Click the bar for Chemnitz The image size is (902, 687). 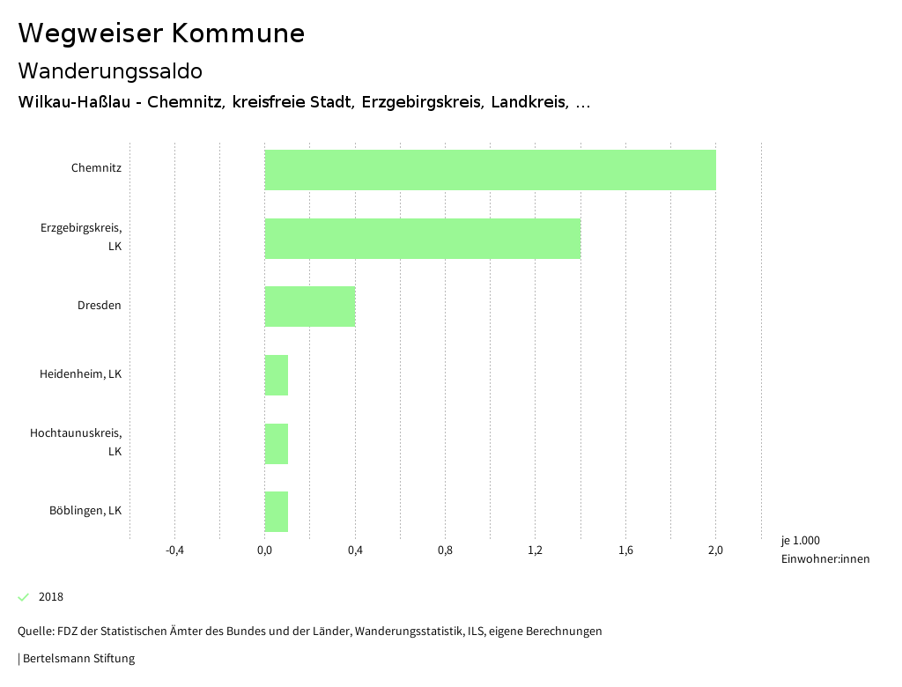[490, 170]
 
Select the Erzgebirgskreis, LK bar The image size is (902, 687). [423, 238]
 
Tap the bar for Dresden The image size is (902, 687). [310, 307]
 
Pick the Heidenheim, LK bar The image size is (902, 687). [277, 375]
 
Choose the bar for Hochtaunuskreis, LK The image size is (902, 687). [277, 443]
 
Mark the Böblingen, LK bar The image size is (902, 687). [277, 512]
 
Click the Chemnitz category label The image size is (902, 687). [96, 167]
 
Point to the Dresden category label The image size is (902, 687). [99, 306]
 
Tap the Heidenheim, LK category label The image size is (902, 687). [80, 374]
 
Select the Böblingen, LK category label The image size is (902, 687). [85, 511]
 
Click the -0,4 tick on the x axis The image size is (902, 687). [174, 551]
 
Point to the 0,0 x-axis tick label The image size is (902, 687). [264, 551]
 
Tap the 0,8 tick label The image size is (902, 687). [445, 551]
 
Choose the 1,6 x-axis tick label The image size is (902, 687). [625, 551]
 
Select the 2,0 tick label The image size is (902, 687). [715, 551]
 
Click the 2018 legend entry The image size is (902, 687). [50, 597]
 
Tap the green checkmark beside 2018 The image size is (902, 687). [24, 597]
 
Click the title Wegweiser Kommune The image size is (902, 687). [161, 33]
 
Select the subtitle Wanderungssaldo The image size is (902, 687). [110, 70]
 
